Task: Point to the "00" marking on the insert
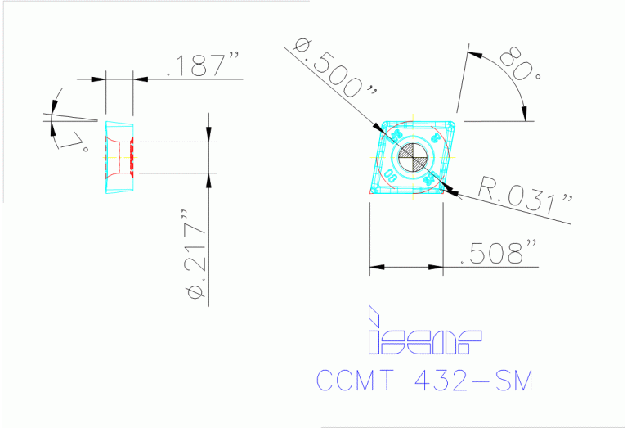(389, 174)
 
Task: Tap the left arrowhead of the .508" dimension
(376, 266)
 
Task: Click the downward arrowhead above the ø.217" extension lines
(209, 135)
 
